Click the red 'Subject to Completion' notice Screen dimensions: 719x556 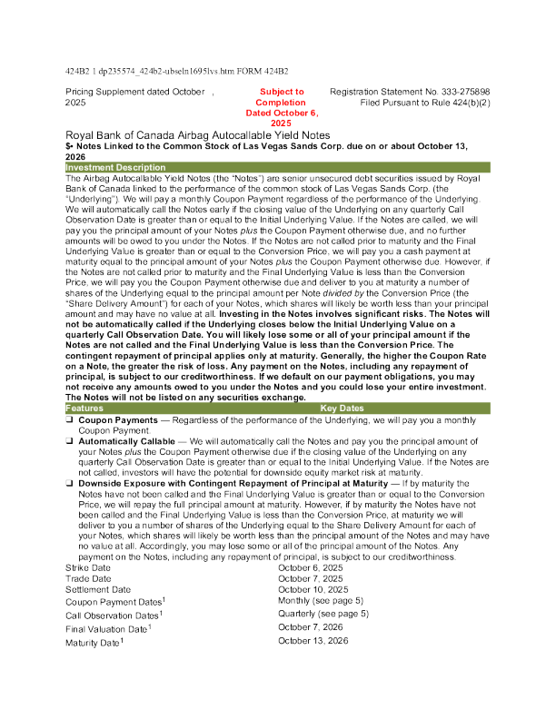tap(282, 107)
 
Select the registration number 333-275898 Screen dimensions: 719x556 tap(460, 93)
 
